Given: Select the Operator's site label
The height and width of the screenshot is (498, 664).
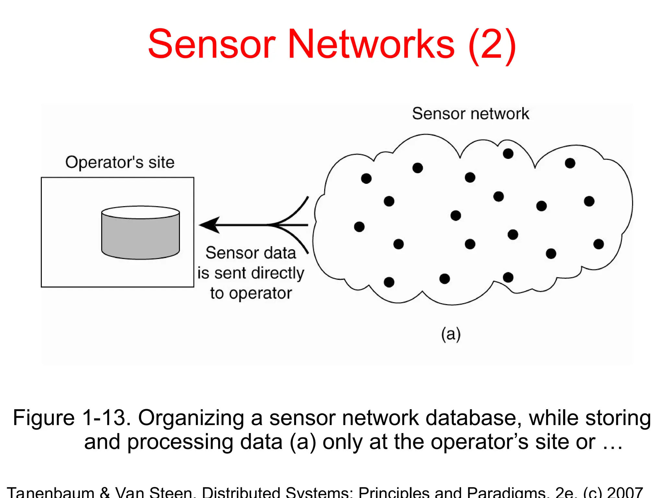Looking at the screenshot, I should (120, 162).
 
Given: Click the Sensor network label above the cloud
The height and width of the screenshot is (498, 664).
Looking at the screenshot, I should (470, 114).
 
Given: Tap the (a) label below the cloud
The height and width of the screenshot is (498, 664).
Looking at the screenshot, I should (451, 334).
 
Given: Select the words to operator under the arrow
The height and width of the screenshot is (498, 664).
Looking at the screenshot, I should (251, 293).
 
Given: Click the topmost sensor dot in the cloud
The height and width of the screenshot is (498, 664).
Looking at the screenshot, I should (508, 154).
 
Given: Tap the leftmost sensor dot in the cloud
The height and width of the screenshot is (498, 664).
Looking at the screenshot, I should (359, 227).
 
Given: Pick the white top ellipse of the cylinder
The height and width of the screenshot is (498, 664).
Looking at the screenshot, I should (140, 212).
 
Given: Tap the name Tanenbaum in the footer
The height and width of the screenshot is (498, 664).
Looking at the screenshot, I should (50, 492).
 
